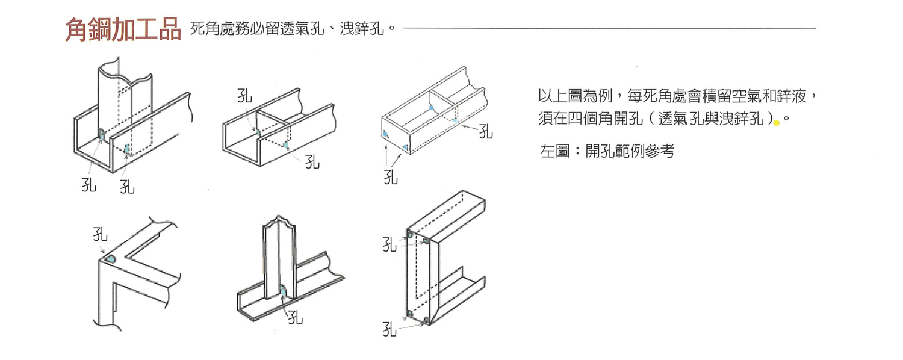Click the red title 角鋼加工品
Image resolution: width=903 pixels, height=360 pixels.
pos(123,29)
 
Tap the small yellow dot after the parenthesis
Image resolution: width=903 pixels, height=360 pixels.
pos(777,123)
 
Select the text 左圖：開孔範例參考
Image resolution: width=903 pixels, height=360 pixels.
pos(607,151)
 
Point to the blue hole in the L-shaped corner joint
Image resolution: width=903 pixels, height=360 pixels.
pos(111,259)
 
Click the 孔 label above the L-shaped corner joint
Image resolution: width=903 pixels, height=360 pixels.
pos(100,234)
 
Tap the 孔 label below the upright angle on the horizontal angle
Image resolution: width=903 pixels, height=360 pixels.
pos(295,317)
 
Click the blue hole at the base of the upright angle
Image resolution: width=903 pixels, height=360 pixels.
pos(284,291)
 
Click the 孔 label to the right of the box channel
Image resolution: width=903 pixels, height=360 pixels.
pos(486,131)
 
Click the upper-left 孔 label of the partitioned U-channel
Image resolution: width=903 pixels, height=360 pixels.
pos(244,96)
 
